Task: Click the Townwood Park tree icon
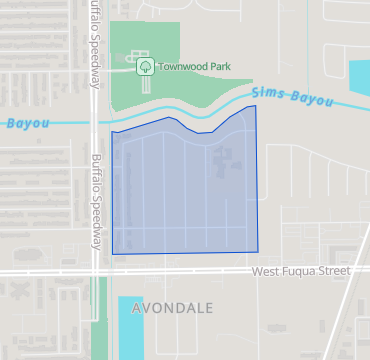click(x=145, y=66)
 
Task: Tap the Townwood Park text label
click(x=194, y=67)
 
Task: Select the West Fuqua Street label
click(x=301, y=271)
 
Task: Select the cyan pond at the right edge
click(x=359, y=76)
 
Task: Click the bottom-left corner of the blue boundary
click(x=112, y=254)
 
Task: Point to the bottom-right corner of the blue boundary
click(x=257, y=251)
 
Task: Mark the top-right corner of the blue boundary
click(x=255, y=105)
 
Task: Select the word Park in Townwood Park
click(x=218, y=67)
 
